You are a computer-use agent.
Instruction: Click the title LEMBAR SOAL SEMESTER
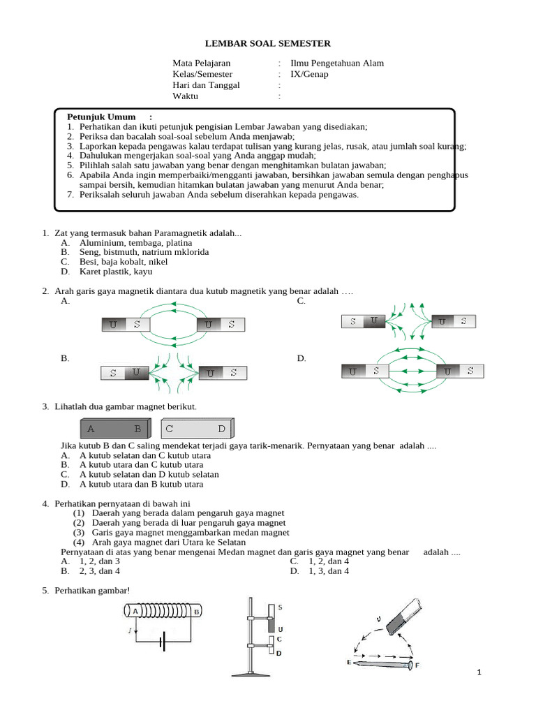[267, 43]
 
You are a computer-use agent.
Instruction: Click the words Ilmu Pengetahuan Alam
[337, 63]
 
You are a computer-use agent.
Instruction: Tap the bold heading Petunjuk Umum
[102, 116]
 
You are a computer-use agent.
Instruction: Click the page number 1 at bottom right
[479, 672]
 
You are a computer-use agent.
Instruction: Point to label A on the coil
[134, 612]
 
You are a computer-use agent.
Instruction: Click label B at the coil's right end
[197, 612]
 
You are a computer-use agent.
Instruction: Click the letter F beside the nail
[417, 665]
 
